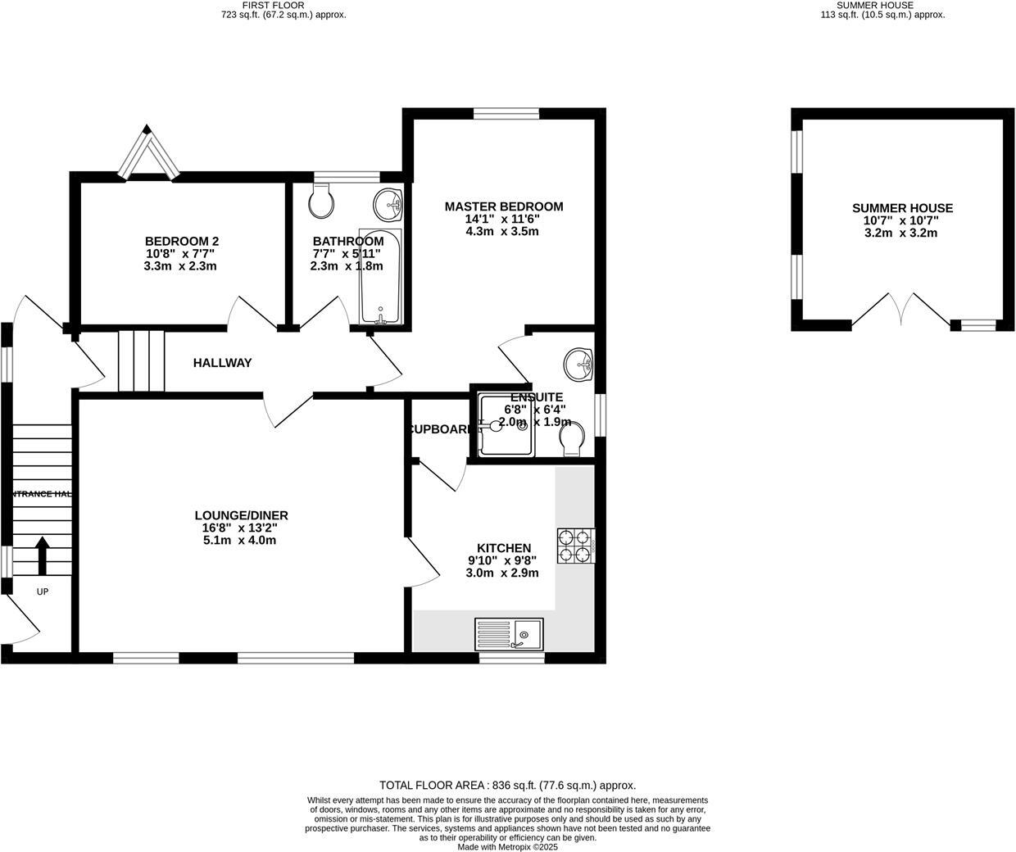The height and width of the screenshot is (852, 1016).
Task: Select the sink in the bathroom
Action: pos(388,203)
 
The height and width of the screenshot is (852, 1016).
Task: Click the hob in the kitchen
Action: pos(576,546)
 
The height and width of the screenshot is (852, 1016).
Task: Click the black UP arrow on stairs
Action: pos(41,555)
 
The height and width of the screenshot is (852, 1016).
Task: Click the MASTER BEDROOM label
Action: pos(504,206)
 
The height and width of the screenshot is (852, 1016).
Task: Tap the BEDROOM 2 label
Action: pos(182,241)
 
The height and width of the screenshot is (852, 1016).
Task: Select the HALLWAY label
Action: pos(222,363)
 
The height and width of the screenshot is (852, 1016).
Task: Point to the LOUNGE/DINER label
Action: pos(241,515)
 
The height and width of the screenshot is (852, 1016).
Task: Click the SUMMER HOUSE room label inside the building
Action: pos(902,208)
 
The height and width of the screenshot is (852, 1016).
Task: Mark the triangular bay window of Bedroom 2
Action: pos(147,153)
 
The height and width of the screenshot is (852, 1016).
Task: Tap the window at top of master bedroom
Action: pos(506,114)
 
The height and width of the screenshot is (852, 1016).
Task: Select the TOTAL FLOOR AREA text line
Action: pos(507,785)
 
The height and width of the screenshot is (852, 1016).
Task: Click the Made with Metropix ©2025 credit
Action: pos(507,847)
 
